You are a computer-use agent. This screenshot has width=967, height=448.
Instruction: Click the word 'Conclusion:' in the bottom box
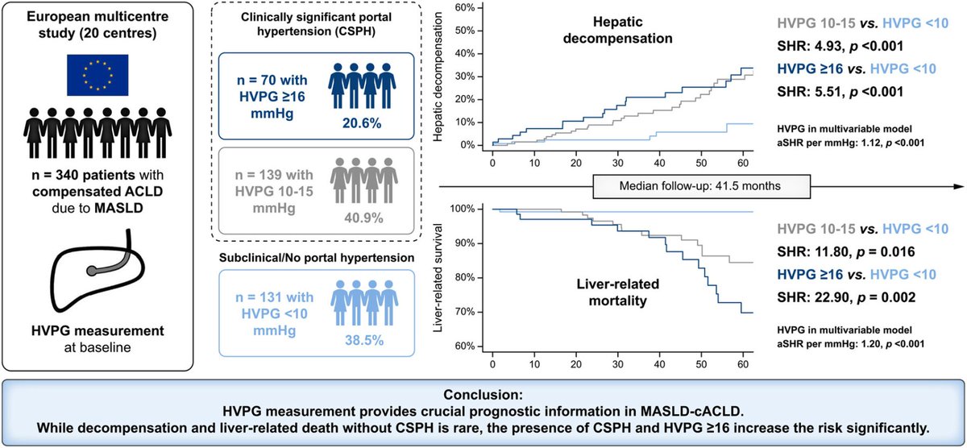(x=483, y=396)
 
